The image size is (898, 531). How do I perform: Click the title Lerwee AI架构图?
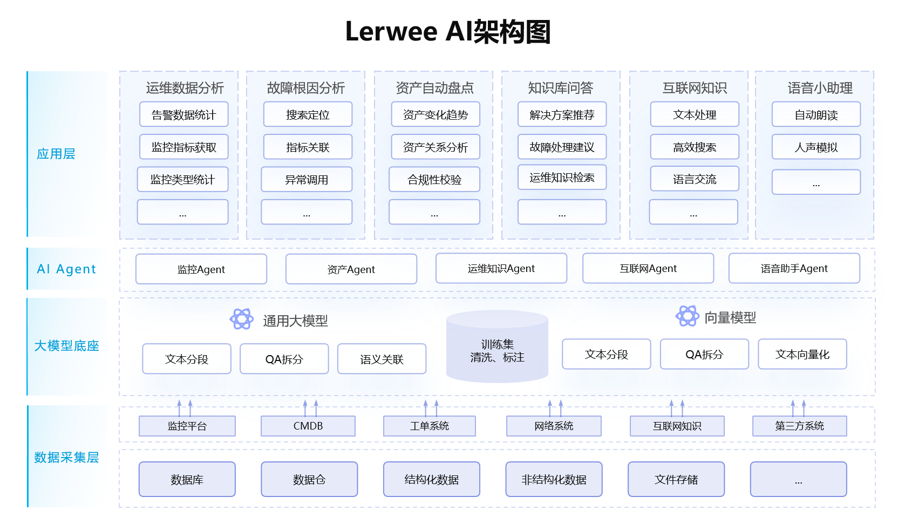pos(448,32)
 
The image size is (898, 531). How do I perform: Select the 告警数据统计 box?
pos(184,114)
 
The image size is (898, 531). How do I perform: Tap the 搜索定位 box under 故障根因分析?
pos(308,114)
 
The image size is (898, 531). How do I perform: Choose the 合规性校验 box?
pos(434,179)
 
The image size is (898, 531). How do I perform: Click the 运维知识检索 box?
pos(562,177)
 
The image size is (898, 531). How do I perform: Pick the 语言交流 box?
pos(695,179)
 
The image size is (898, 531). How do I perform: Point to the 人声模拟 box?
pos(816,147)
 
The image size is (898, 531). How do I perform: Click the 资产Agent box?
pos(351,269)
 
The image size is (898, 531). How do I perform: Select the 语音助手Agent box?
pos(794,268)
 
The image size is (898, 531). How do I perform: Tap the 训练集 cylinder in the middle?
pos(497,346)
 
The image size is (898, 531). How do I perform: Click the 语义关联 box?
pos(382,359)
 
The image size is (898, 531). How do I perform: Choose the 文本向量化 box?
pos(802,354)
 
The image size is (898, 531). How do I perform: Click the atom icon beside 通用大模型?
pos(241,319)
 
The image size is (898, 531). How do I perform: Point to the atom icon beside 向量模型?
pos(688,316)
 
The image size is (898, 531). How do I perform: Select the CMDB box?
pos(308,426)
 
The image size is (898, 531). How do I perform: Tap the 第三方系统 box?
pos(800,426)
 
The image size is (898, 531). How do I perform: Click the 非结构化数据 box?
pos(554,479)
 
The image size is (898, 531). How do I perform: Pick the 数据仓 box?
pos(309,479)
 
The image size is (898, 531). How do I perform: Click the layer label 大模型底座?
pos(66,345)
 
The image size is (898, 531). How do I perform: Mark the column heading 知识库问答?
pos(561,87)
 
